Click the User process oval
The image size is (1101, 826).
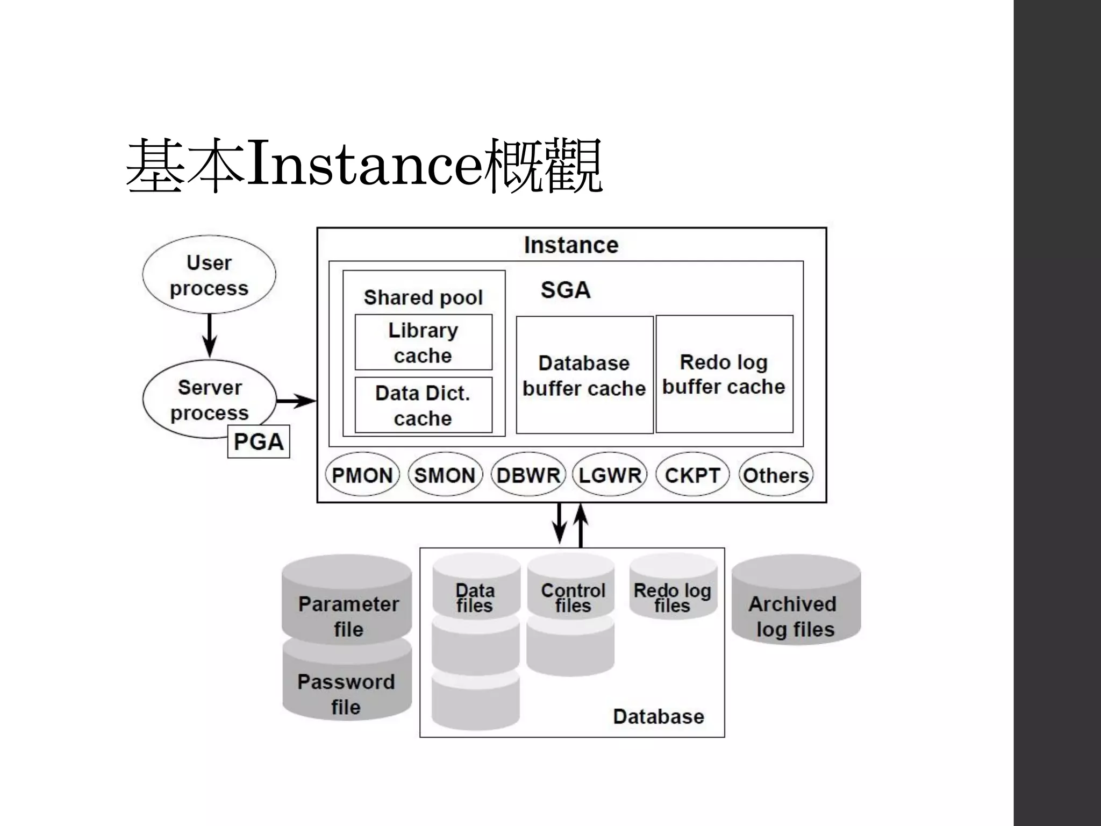(x=209, y=275)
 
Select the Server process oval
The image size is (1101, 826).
(x=209, y=399)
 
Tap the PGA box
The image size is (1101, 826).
(x=259, y=442)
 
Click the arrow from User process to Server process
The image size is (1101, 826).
(x=210, y=334)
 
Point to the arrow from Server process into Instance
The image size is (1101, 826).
(x=296, y=401)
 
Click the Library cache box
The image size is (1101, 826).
(x=423, y=343)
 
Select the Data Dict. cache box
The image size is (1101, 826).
(x=423, y=405)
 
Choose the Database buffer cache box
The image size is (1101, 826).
(x=584, y=375)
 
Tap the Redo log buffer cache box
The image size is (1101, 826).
(x=724, y=374)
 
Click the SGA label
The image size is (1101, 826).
(x=566, y=290)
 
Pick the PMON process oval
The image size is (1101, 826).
(x=362, y=475)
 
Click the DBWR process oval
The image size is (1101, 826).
(x=528, y=475)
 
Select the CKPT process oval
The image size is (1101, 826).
(x=692, y=475)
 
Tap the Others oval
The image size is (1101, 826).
(x=776, y=475)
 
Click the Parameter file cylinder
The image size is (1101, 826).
(x=347, y=608)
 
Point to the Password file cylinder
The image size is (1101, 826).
(x=347, y=688)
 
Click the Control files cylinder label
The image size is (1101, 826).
(x=573, y=597)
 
